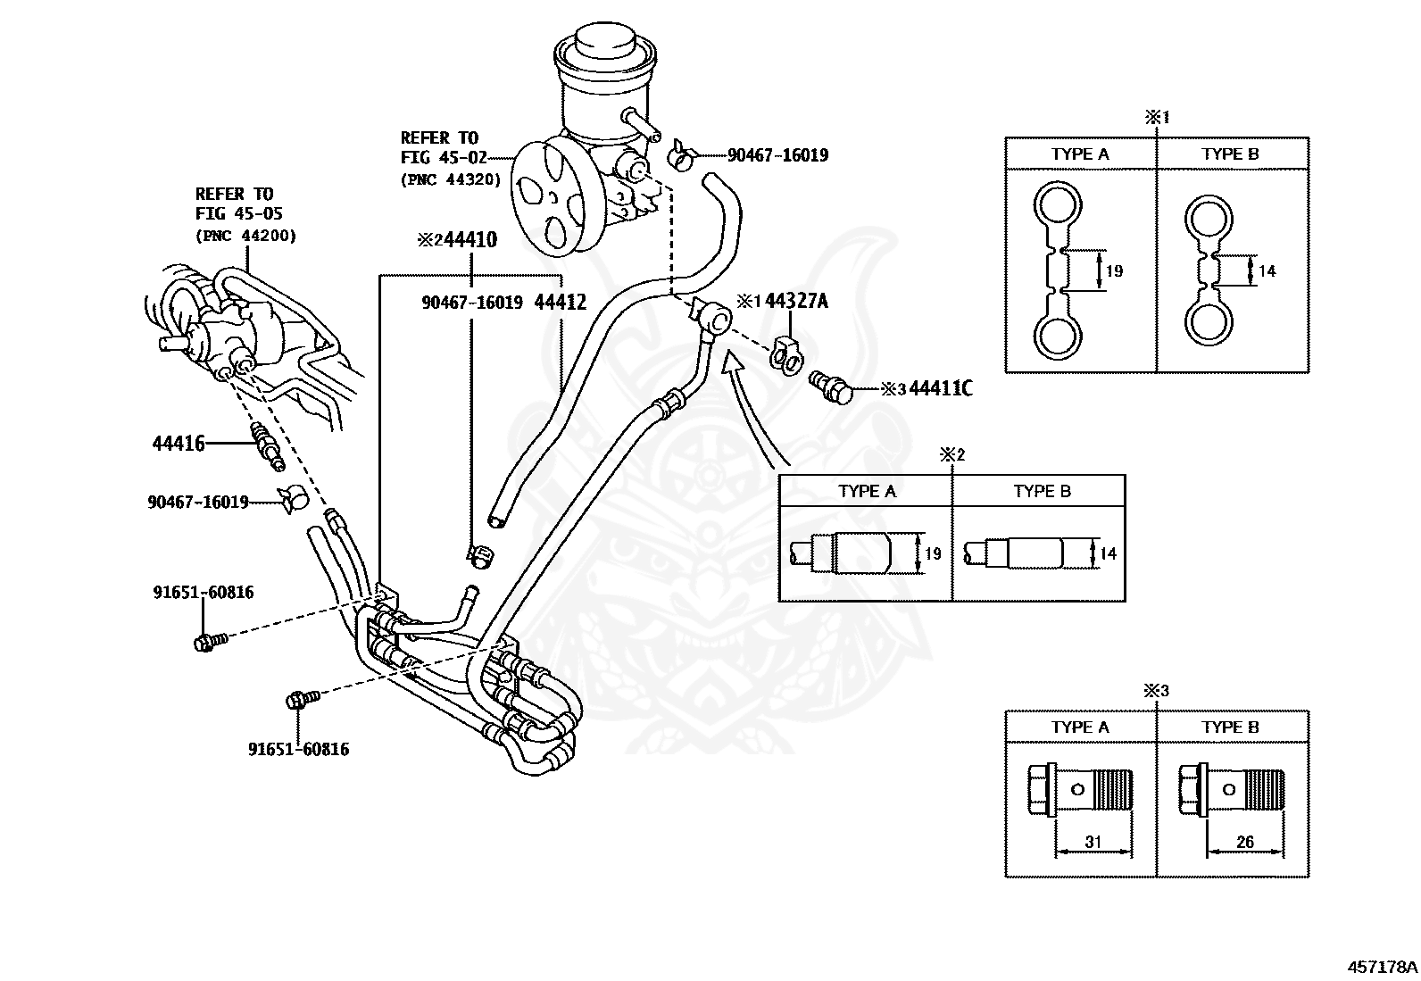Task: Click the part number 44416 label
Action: [x=179, y=443]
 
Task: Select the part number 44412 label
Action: [x=560, y=303]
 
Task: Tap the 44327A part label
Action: [x=796, y=301]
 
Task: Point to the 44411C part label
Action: [x=940, y=388]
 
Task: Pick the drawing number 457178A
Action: [x=1382, y=966]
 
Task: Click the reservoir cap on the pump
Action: [x=602, y=44]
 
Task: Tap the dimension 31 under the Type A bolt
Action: [x=1093, y=842]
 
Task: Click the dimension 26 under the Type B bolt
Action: [x=1244, y=842]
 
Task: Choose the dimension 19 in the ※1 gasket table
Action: [x=1114, y=270]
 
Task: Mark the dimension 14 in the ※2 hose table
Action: [x=1108, y=553]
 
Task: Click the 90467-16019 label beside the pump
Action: [x=777, y=155]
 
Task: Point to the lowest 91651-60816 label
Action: [x=298, y=749]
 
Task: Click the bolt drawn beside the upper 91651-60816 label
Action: [x=207, y=641]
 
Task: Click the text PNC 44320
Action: [x=451, y=179]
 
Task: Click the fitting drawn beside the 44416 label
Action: [x=266, y=444]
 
